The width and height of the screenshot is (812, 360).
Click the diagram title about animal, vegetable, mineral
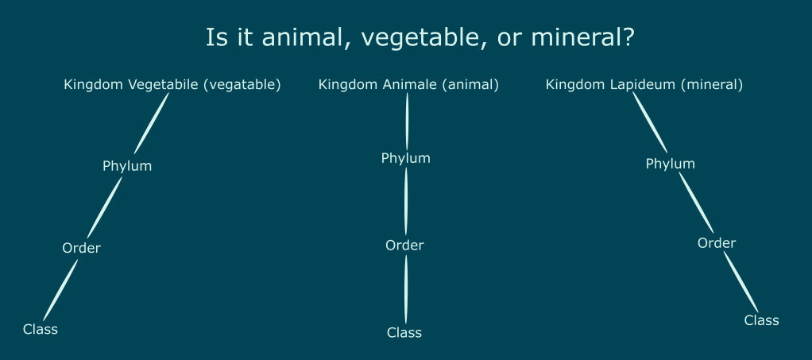(420, 38)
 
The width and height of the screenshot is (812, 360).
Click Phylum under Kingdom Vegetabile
(127, 166)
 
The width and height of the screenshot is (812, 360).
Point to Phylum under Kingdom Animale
(405, 158)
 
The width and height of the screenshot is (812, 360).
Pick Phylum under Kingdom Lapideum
(670, 164)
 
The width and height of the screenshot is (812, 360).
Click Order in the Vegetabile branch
(81, 248)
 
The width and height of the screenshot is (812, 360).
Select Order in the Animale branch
(404, 246)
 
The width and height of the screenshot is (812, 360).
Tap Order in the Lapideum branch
(717, 243)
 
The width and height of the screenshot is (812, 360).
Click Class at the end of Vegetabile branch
(41, 330)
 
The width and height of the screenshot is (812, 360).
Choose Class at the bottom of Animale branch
(404, 333)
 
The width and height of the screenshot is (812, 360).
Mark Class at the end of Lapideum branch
(762, 320)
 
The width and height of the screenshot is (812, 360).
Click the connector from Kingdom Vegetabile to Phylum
(152, 122)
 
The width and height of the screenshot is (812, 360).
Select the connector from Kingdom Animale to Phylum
(407, 122)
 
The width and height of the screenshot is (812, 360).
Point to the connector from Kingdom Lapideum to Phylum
(650, 122)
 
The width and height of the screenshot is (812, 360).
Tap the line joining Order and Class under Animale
(406, 289)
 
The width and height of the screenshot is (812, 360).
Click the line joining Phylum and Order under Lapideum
(697, 203)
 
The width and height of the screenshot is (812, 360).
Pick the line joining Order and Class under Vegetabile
(60, 290)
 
